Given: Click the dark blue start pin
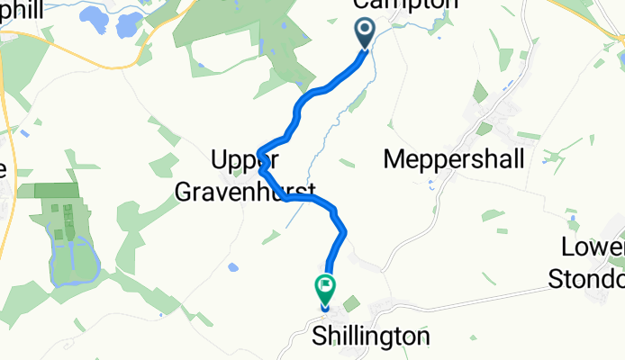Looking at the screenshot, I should point(366,33).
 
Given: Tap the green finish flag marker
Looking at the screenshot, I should point(325,289).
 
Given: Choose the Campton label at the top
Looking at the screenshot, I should point(402,4).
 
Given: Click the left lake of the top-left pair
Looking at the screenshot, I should point(95,16).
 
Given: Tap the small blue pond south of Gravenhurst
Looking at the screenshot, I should point(234,267).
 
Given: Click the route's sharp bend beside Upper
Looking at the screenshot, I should point(259,150).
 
